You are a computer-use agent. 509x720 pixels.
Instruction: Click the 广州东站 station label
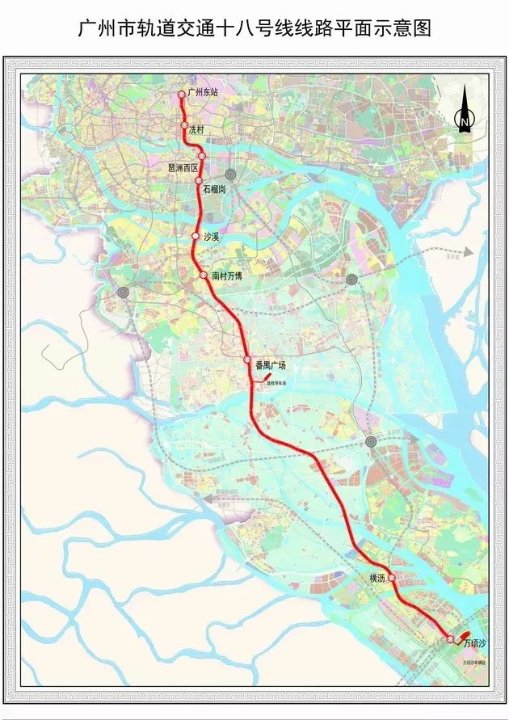(203, 93)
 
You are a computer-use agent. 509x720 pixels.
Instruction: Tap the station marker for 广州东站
(182, 95)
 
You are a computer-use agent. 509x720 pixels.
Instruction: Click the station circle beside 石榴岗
(199, 181)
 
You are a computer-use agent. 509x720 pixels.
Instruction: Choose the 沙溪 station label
(212, 237)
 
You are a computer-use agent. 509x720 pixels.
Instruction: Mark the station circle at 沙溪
(195, 236)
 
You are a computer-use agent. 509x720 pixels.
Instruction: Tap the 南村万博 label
(227, 276)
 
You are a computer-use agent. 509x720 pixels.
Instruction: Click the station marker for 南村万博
(204, 275)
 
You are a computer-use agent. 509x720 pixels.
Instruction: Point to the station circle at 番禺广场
(248, 360)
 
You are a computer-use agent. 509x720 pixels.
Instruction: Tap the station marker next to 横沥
(392, 578)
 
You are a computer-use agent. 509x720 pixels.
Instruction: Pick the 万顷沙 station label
(476, 644)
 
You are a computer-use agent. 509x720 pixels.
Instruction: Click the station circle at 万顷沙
(450, 639)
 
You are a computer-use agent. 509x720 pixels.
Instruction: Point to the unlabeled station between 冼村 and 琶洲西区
(202, 156)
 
